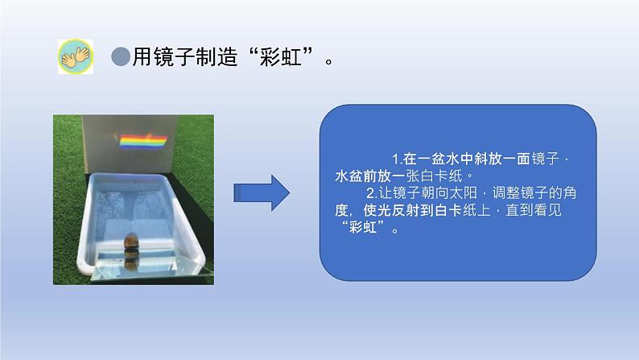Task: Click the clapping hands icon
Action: [x=76, y=56]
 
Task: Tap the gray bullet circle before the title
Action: [x=121, y=56]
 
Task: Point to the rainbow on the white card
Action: [x=143, y=142]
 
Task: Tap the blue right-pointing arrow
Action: [x=262, y=192]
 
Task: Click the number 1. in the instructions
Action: [x=398, y=159]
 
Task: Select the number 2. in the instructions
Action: [x=372, y=192]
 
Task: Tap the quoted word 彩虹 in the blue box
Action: [x=363, y=227]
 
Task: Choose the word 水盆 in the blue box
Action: [x=348, y=176]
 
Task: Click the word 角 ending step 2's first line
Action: [x=570, y=192]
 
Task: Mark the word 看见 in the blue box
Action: [x=547, y=210]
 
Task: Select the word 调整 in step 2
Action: [x=505, y=192]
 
